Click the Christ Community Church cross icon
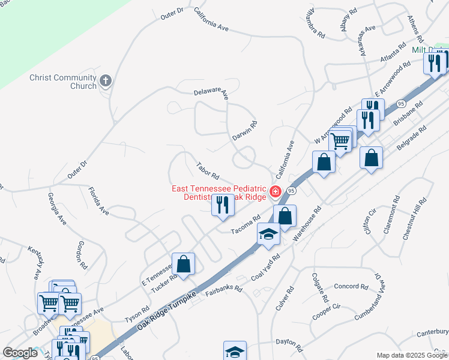(105, 81)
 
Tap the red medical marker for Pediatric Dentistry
(275, 192)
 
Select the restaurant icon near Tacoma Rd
(223, 205)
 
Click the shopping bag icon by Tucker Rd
(183, 264)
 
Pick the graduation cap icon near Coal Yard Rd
(268, 234)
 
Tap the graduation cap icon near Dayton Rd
(235, 352)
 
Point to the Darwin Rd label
(245, 131)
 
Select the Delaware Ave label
(211, 93)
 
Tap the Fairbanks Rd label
(223, 289)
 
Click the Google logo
(20, 353)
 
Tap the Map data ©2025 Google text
(412, 355)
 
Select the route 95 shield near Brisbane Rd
(400, 104)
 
